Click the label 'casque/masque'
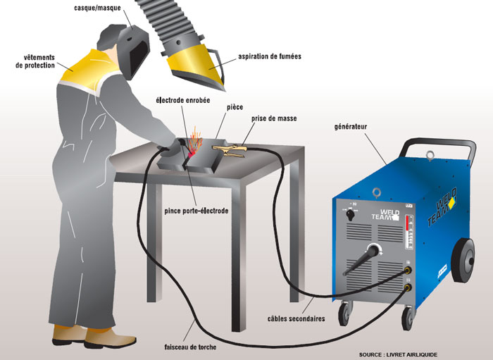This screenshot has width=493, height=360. [x=97, y=8]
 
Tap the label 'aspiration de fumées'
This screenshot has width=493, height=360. [x=270, y=56]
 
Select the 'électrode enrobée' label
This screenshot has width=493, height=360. [x=183, y=100]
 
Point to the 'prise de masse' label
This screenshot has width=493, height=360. [x=274, y=118]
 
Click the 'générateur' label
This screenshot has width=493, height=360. [x=351, y=127]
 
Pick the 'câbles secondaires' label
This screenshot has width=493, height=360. [x=297, y=318]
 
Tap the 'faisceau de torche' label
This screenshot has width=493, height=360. [x=190, y=347]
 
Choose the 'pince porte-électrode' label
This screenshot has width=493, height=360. [x=196, y=211]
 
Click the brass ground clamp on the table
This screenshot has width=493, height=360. [x=229, y=150]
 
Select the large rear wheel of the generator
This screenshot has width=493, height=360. [x=463, y=260]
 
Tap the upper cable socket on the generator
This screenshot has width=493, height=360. [x=408, y=269]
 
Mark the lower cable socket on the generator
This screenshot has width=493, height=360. [x=408, y=287]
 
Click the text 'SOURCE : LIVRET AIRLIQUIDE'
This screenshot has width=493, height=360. [x=398, y=354]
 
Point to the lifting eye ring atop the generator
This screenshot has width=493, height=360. [x=430, y=155]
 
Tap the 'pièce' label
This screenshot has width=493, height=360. [x=235, y=107]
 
